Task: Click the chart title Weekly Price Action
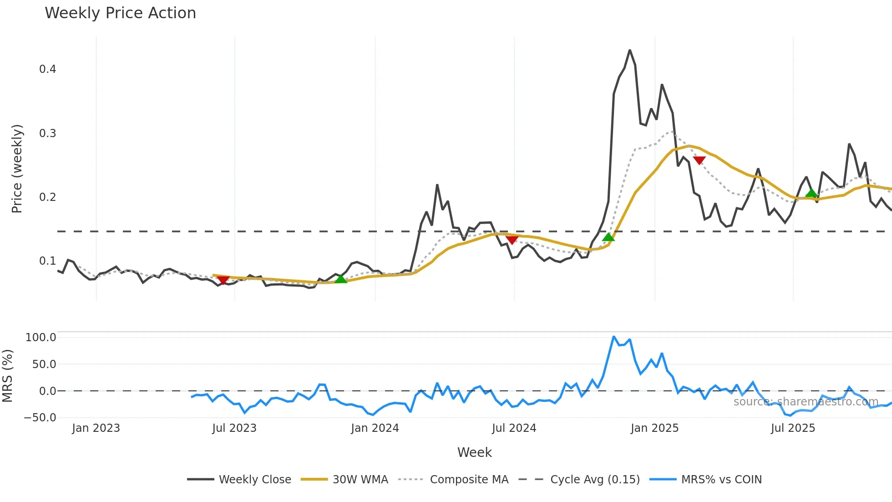click(x=120, y=13)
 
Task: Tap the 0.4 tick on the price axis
click(x=47, y=69)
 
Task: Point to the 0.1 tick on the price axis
click(x=47, y=261)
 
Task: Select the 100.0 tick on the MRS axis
click(x=41, y=338)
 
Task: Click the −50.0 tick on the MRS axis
click(x=40, y=418)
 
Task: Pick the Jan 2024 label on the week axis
click(x=375, y=428)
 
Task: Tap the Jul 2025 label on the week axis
click(x=793, y=428)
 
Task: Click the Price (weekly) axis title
click(x=17, y=169)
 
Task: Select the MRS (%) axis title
click(x=7, y=376)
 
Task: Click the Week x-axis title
click(x=474, y=452)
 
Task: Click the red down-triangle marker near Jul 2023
click(x=223, y=280)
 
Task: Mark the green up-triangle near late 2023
click(x=340, y=279)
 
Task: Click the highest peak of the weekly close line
click(x=630, y=50)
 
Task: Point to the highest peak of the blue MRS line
click(x=614, y=337)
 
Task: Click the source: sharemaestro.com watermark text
click(x=806, y=402)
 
